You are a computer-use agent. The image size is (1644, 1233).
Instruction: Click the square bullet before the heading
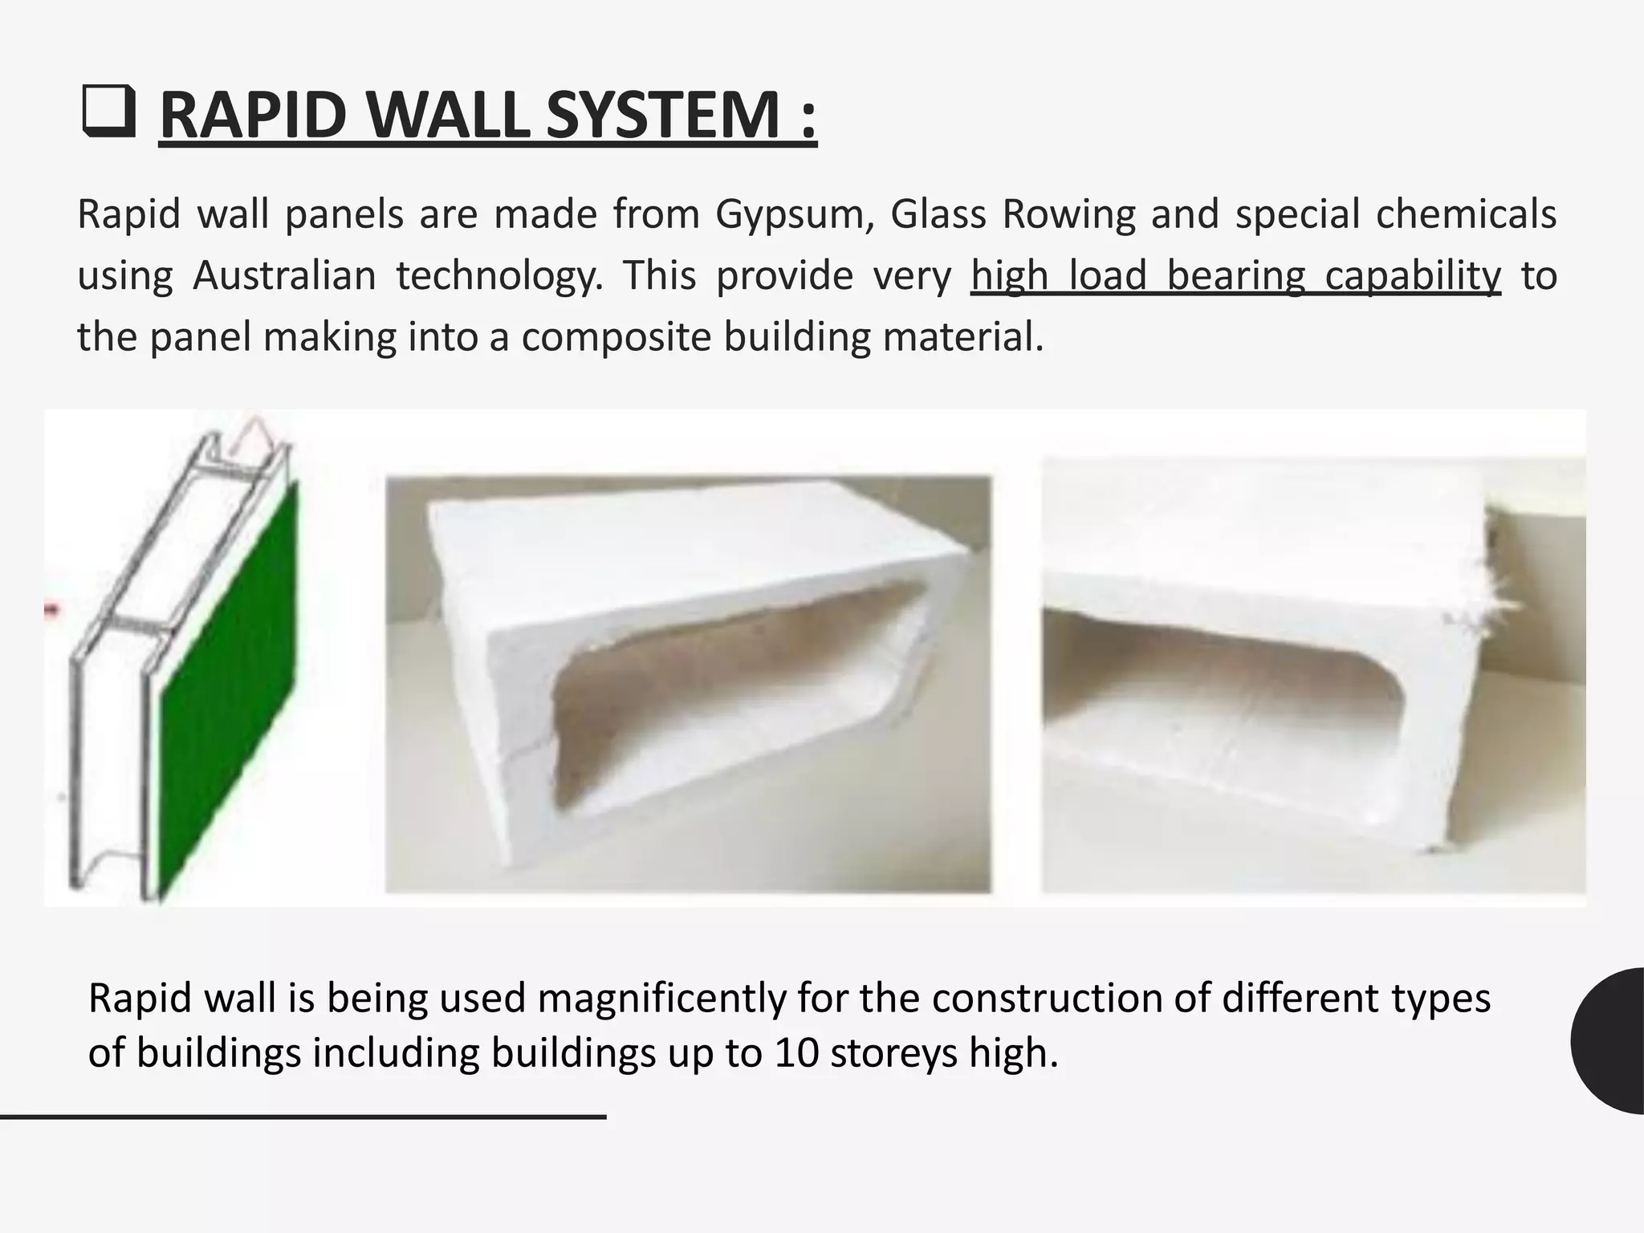coord(108,114)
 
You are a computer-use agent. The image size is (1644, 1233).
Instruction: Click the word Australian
coord(284,275)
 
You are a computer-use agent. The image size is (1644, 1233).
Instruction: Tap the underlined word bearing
coord(1235,275)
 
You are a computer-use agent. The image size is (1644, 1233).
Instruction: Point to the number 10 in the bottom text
coord(796,1052)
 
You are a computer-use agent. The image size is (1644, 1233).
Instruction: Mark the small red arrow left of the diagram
coord(51,611)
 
